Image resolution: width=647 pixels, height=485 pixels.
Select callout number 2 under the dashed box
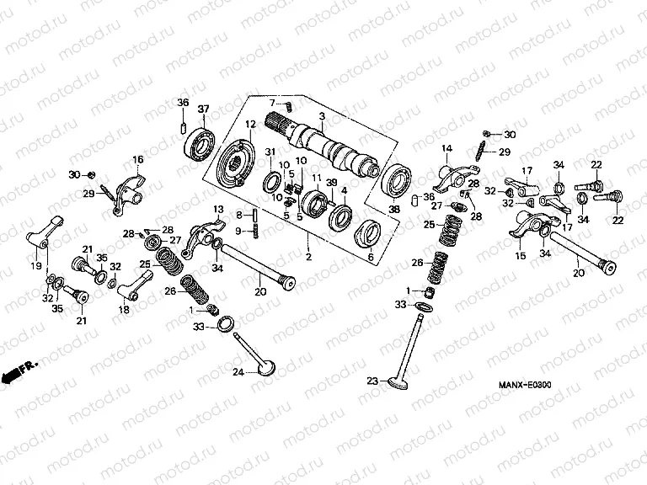308,256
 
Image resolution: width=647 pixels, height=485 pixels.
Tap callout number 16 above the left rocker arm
138,159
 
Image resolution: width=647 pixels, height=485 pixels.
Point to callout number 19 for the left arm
36,266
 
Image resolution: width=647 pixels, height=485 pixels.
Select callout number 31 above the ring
270,152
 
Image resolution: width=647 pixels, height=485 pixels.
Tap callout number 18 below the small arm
124,310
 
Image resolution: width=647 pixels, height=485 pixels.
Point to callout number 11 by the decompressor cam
318,179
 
